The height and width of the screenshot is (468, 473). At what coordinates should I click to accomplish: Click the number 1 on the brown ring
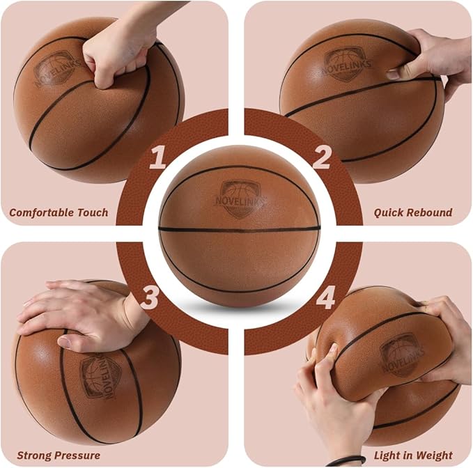pyautogui.click(x=158, y=157)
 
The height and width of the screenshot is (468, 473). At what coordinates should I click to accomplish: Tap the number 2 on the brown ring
pyautogui.click(x=322, y=157)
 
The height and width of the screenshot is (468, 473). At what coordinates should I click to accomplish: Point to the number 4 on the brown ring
pyautogui.click(x=326, y=297)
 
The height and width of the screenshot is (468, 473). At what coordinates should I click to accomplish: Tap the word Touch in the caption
pyautogui.click(x=93, y=212)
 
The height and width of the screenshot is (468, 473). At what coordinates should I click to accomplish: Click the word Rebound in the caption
pyautogui.click(x=428, y=212)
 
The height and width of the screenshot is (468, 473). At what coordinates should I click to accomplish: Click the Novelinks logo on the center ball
pyautogui.click(x=240, y=199)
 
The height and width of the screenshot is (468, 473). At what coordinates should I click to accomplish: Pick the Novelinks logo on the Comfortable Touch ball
pyautogui.click(x=56, y=70)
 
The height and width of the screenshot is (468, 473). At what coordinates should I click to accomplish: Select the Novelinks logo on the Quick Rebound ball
pyautogui.click(x=346, y=64)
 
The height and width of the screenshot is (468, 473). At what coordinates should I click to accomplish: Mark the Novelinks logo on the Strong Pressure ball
pyautogui.click(x=100, y=377)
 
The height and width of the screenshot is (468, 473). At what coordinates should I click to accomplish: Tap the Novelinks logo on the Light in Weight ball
pyautogui.click(x=401, y=355)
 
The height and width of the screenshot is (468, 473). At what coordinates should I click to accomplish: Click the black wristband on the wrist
pyautogui.click(x=346, y=460)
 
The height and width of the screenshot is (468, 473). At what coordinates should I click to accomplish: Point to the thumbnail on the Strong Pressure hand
pyautogui.click(x=65, y=343)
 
